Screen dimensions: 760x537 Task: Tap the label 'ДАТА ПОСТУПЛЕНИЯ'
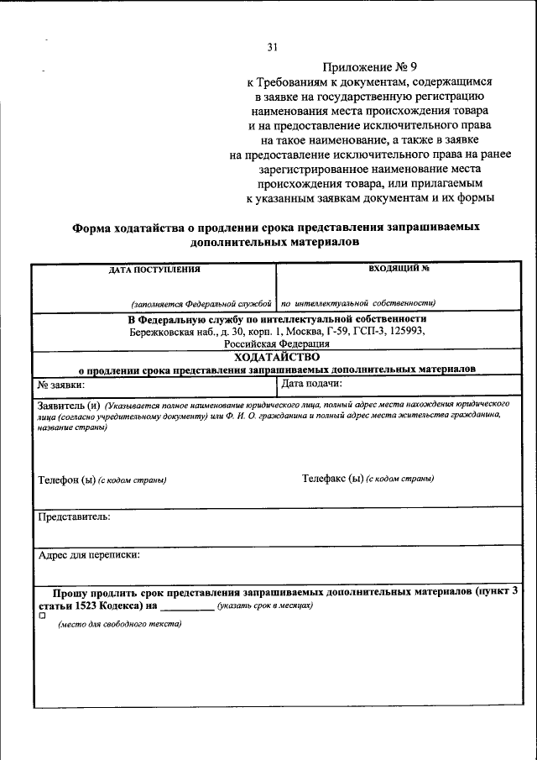154,270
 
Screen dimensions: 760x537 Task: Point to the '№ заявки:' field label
61,385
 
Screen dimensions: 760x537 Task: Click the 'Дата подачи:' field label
311,384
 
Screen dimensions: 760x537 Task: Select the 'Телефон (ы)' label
67,480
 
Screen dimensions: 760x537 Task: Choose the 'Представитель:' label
74,516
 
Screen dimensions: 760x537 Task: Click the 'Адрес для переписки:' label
89,554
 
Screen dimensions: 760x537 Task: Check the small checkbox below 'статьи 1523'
42,616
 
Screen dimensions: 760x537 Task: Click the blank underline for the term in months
186,605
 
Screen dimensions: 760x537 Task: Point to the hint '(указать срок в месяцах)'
264,605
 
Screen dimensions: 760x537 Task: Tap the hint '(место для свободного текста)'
119,624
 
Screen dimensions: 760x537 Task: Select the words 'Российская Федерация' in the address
276,343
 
